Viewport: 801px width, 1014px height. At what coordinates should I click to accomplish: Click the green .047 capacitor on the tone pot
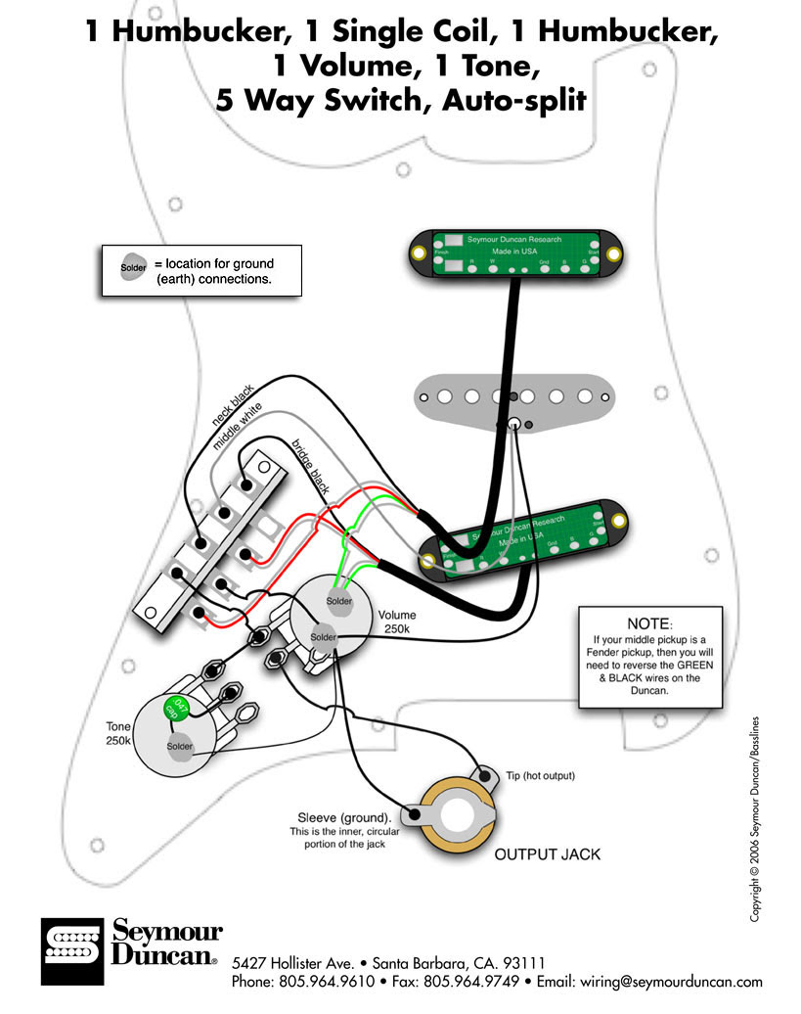tap(177, 707)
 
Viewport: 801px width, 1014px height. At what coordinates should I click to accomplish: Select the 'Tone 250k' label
tap(123, 734)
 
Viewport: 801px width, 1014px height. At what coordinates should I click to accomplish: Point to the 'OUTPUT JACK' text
tap(547, 854)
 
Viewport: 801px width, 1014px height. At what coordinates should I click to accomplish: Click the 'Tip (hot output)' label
tap(540, 775)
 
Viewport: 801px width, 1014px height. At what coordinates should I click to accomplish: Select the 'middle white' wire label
tap(238, 424)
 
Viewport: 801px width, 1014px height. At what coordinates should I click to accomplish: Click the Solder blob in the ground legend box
tap(133, 267)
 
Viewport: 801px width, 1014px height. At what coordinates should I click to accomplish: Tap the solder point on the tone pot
tap(180, 747)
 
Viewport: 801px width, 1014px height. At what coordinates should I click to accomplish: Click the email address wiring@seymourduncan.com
tap(677, 981)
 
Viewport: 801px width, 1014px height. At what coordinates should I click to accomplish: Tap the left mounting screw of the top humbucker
tap(418, 253)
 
